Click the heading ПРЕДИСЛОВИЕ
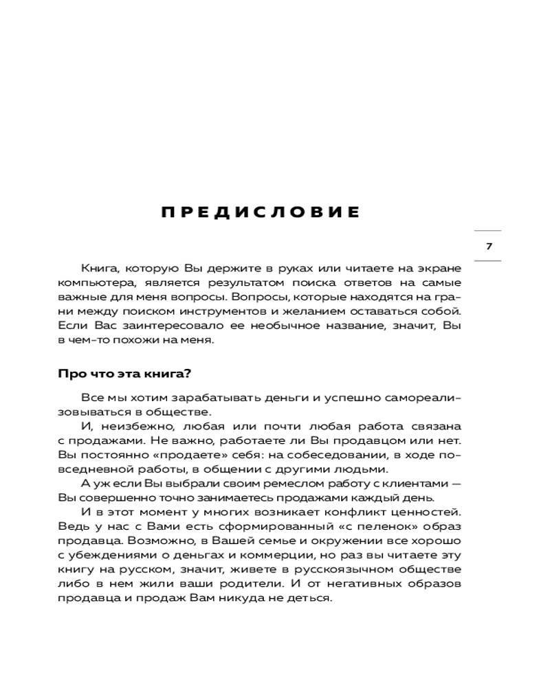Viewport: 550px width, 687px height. click(261, 212)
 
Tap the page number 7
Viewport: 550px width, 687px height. click(489, 246)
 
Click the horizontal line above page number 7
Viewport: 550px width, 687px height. click(488, 231)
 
